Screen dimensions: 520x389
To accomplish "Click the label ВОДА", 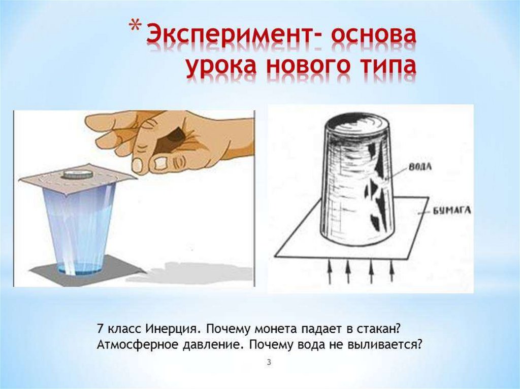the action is [x=420, y=167].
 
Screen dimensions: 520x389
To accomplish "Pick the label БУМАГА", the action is [x=451, y=211].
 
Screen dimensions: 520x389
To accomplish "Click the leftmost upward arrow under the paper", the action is [x=330, y=271].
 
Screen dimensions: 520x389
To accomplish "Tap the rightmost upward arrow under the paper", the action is [x=392, y=271].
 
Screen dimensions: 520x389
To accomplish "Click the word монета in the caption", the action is [x=274, y=330].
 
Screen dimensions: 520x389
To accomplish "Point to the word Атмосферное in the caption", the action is [x=137, y=345].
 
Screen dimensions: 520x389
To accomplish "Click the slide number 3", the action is [x=269, y=363].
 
